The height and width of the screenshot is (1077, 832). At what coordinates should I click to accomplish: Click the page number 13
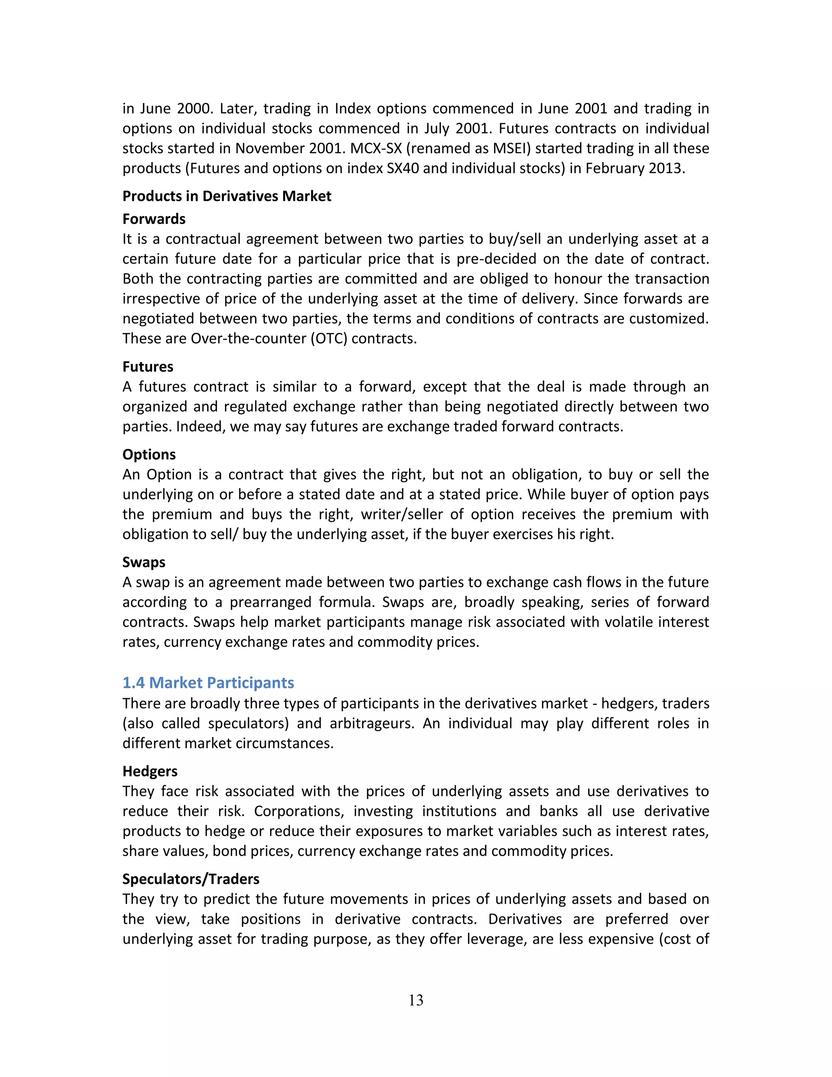416,1000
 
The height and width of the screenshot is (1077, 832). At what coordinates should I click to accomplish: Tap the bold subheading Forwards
154,219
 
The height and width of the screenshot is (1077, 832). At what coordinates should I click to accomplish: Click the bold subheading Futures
148,367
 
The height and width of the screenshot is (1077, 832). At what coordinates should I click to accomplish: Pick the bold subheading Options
149,454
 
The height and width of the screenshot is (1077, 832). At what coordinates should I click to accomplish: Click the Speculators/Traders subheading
191,878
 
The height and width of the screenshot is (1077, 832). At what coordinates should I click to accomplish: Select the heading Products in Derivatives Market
227,196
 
